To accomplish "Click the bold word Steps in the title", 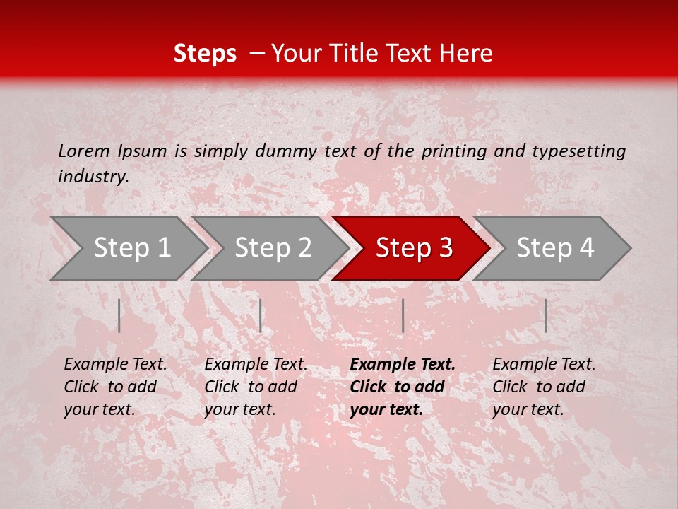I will click(205, 54).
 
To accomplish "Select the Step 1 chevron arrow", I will click(127, 248).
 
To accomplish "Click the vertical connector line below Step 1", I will click(119, 315).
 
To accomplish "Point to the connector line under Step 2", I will click(261, 315).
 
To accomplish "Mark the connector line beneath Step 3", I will click(403, 315).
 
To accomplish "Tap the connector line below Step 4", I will click(545, 315).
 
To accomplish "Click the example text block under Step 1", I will click(115, 387).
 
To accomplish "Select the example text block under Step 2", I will click(256, 387).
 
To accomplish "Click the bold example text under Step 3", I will click(403, 387).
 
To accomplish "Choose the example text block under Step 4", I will click(544, 387).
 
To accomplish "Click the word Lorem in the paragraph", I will click(83, 151).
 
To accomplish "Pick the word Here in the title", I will click(470, 54).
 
